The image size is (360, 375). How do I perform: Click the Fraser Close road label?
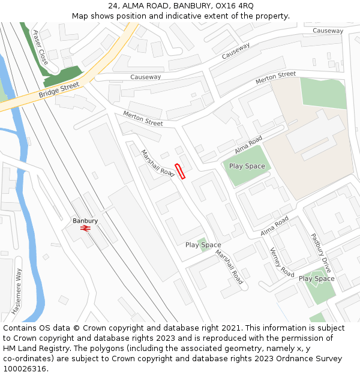tap(40, 47)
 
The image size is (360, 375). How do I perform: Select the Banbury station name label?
tap(85, 221)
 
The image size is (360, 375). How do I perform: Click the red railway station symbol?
tap(85, 228)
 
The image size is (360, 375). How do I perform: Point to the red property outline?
tap(179, 171)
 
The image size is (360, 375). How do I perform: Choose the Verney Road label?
tap(282, 262)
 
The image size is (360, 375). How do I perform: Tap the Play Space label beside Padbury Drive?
tap(316, 278)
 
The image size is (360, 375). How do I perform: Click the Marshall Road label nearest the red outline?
tap(157, 163)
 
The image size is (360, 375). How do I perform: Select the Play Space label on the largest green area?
tap(247, 166)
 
